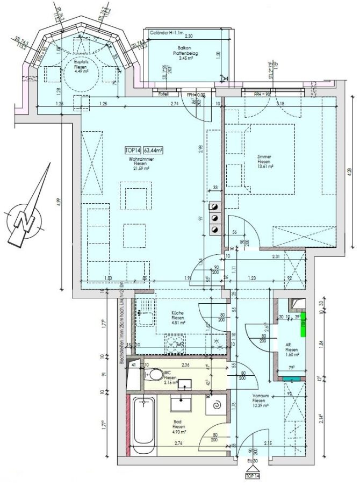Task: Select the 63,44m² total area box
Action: coord(153,151)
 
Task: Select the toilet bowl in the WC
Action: coord(154,374)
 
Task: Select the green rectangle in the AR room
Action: coord(303,324)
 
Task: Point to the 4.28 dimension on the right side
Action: coord(350,171)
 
